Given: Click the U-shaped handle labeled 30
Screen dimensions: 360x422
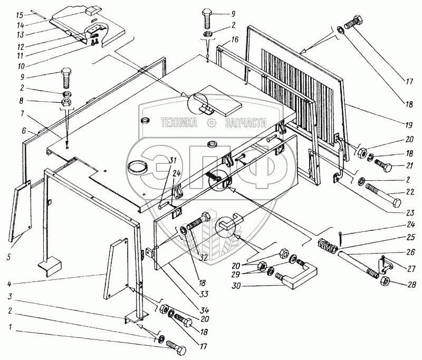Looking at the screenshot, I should [x=300, y=276].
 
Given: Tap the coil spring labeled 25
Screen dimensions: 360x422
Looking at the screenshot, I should [x=329, y=246].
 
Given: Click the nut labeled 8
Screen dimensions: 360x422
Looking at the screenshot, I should [x=67, y=101].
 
